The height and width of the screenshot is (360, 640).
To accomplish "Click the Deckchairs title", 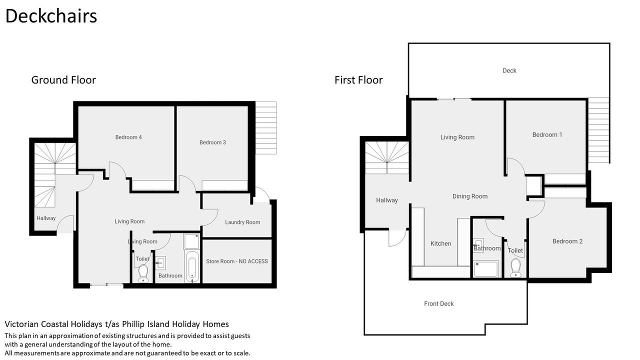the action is (x=51, y=16).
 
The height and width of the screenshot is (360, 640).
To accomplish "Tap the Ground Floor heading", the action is (x=63, y=80).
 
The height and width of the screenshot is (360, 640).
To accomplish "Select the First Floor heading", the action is (x=358, y=80).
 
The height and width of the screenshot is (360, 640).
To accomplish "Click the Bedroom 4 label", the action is (x=128, y=137).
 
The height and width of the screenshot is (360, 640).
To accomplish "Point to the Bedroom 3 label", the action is (x=212, y=142).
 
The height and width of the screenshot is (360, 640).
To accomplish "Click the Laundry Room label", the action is (x=242, y=222).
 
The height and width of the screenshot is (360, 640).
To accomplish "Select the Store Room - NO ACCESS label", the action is (x=237, y=261).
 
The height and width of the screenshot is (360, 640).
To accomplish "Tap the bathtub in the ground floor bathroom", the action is (x=191, y=266).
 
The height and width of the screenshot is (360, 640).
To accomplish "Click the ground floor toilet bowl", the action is (x=143, y=273).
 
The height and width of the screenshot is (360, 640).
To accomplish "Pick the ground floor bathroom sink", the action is (x=160, y=263).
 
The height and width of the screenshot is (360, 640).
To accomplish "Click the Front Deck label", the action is (x=438, y=303).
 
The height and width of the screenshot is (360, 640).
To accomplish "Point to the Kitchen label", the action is (x=440, y=243).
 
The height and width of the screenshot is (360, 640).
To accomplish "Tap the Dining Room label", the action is (x=469, y=196).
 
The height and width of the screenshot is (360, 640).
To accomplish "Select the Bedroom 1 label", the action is (x=547, y=135).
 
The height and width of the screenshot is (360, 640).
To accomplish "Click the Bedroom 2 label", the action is (x=567, y=241).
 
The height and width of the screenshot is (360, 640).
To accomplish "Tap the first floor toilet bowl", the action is (x=515, y=267).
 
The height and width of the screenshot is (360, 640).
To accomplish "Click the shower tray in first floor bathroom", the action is (x=485, y=269).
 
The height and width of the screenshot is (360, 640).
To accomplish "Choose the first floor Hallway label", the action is (x=387, y=200).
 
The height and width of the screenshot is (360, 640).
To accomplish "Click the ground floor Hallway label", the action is (x=46, y=218).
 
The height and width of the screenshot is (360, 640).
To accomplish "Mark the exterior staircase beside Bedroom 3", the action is (x=266, y=128).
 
